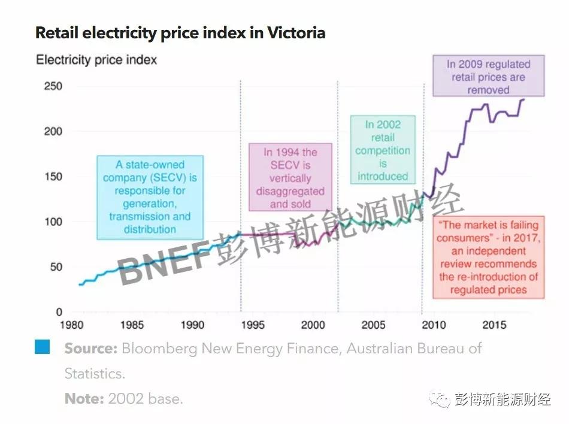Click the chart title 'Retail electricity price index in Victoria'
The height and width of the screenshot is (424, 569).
point(180,32)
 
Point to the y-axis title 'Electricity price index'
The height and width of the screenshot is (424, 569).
point(96,60)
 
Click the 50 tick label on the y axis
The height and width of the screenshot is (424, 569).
point(55,266)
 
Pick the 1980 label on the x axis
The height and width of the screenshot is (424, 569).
point(71,325)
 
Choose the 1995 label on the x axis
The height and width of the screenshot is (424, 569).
point(252,325)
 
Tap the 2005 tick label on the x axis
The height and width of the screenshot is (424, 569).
point(374,325)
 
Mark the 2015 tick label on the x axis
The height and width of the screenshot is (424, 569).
point(495,325)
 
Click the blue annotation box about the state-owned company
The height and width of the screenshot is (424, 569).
point(150,197)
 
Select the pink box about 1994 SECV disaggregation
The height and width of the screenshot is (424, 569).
point(290,178)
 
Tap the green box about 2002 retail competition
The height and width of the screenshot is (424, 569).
point(383,150)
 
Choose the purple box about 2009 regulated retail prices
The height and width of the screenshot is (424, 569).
point(488,77)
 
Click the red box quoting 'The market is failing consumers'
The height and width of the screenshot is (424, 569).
point(488,258)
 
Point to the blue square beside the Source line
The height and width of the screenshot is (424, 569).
point(42,347)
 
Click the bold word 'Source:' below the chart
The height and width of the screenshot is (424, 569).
point(90,349)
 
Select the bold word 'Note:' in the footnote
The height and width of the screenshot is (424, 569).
point(84,398)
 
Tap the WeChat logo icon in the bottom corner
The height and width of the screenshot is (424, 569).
point(443,399)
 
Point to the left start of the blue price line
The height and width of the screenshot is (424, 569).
point(80,284)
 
